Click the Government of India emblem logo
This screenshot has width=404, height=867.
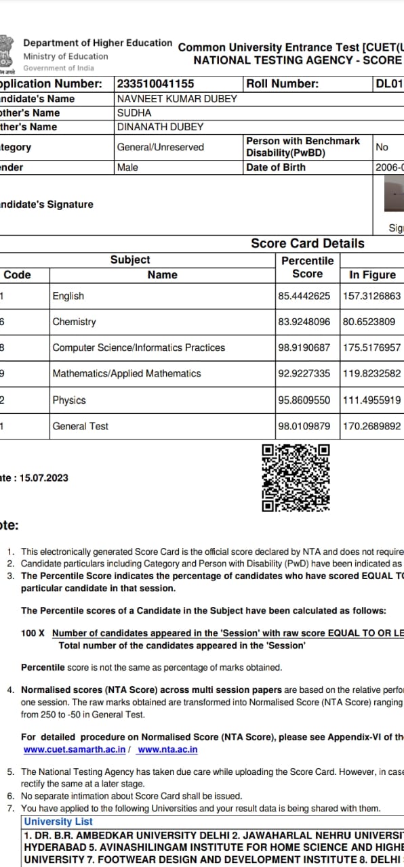pyautogui.click(x=7, y=53)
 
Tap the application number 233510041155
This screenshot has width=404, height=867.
pyautogui.click(x=155, y=84)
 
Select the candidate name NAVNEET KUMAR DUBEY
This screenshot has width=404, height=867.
pyautogui.click(x=177, y=99)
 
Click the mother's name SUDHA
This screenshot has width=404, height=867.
pyautogui.click(x=134, y=113)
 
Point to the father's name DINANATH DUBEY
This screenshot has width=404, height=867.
pyautogui.click(x=160, y=127)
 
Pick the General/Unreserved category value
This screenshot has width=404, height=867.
pyautogui.click(x=160, y=147)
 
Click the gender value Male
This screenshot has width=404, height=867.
pyautogui.click(x=127, y=167)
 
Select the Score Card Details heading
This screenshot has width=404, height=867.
pyautogui.click(x=307, y=243)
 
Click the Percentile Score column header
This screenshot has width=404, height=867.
pyautogui.click(x=307, y=268)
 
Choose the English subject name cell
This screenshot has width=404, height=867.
pyautogui.click(x=68, y=296)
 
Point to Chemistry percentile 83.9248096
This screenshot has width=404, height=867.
pyautogui.click(x=304, y=322)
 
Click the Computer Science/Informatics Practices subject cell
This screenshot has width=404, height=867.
pyautogui.click(x=138, y=347)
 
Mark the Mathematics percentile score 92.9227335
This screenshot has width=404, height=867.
pyautogui.click(x=304, y=373)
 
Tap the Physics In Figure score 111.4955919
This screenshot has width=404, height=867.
pyautogui.click(x=371, y=400)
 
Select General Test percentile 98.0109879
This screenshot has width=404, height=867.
pyautogui.click(x=304, y=426)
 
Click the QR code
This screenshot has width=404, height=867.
pyautogui.click(x=296, y=478)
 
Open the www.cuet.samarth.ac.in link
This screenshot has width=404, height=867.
pyautogui.click(x=75, y=750)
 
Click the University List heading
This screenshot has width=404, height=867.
pyautogui.click(x=58, y=822)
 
